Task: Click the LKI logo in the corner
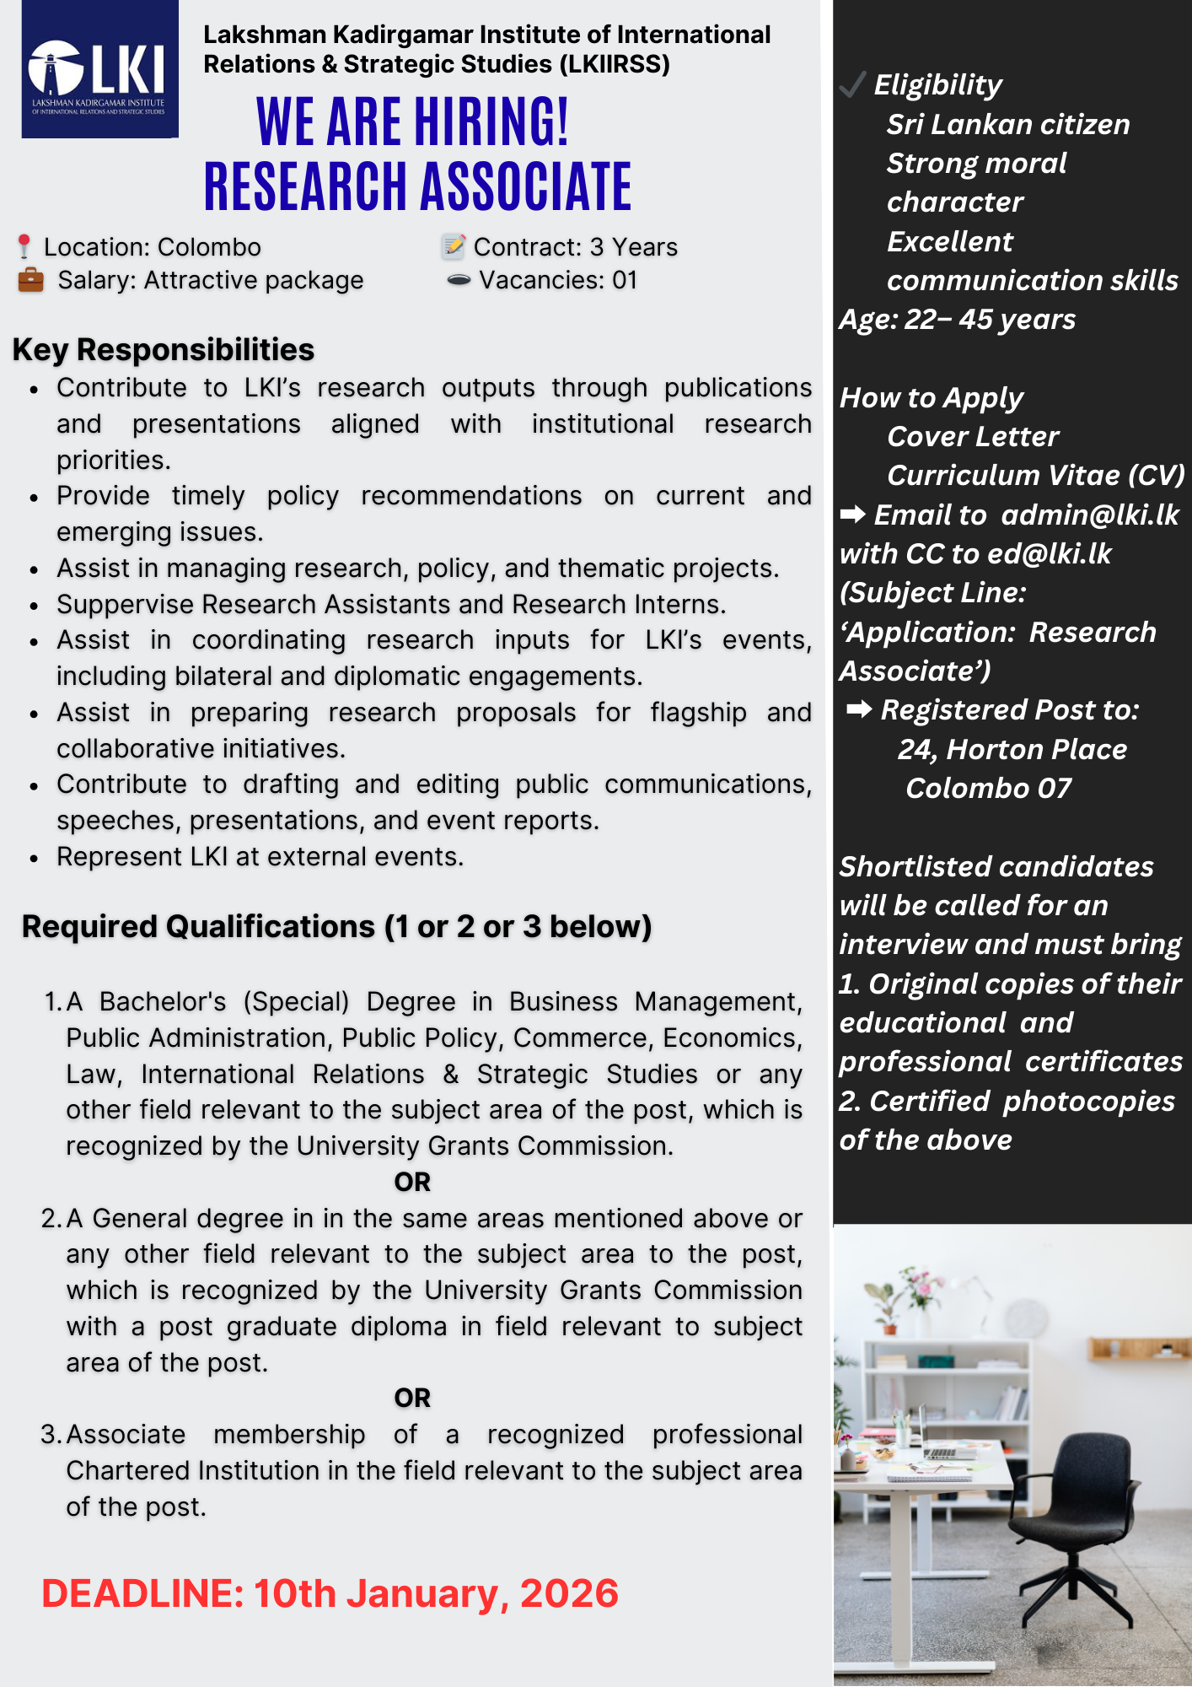(x=99, y=69)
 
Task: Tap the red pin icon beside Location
(x=24, y=246)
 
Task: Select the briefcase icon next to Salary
(x=30, y=280)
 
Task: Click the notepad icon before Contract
(x=454, y=246)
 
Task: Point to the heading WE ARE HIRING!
(x=412, y=122)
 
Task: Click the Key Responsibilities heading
(x=163, y=349)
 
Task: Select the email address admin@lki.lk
(x=1089, y=515)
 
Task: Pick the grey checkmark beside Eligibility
(x=852, y=84)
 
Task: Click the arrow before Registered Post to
(x=859, y=709)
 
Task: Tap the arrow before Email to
(x=852, y=514)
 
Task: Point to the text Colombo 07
(x=988, y=788)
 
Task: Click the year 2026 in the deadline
(x=569, y=1593)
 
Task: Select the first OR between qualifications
(x=412, y=1182)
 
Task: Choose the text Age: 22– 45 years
(x=957, y=319)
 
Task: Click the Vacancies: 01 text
(x=557, y=280)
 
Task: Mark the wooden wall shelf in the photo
(x=1139, y=1347)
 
